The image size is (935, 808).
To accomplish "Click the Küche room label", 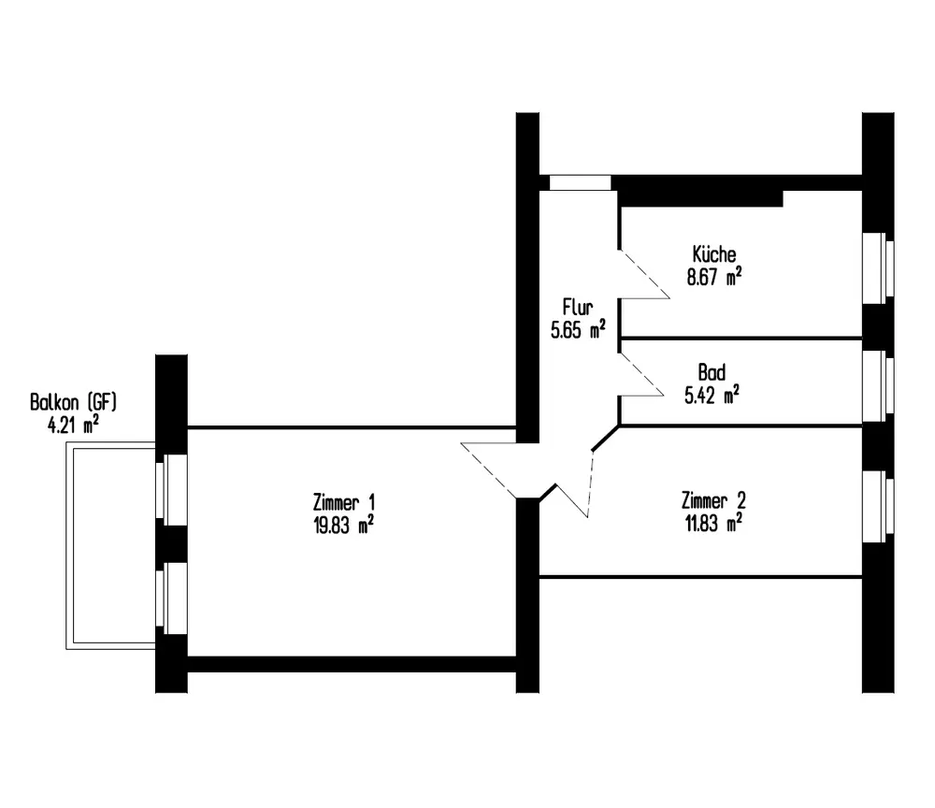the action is (714, 254).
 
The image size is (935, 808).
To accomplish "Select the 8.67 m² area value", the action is (714, 277).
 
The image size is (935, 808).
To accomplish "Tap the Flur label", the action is (576, 306).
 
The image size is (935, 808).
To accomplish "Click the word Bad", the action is (711, 371).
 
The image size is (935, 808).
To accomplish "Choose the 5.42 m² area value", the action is (712, 394).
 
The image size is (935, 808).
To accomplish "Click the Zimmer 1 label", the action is (346, 501).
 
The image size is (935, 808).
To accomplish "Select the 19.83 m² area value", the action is (345, 524).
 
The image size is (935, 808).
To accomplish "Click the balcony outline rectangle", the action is (109, 545).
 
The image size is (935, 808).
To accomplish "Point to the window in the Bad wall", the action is (879, 385).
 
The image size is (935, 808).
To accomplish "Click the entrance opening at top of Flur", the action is (580, 182).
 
